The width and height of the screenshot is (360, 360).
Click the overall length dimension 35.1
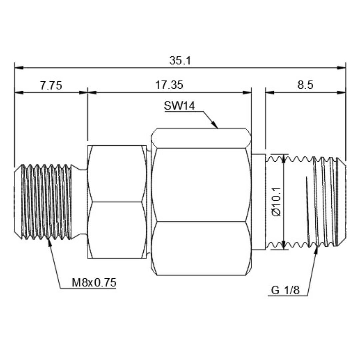[180, 61]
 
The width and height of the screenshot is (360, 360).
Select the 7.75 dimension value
[51, 86]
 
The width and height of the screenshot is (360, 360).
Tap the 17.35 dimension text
[169, 85]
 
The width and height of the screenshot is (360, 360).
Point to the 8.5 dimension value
[305, 85]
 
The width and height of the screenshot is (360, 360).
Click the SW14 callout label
[179, 106]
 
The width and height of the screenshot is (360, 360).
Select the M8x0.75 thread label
[94, 283]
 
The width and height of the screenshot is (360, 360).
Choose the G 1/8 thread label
[285, 290]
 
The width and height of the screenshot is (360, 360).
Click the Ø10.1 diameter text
[276, 202]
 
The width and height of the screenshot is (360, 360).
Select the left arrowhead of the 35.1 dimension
[19, 68]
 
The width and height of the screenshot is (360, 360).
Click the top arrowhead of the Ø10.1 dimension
[283, 158]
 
